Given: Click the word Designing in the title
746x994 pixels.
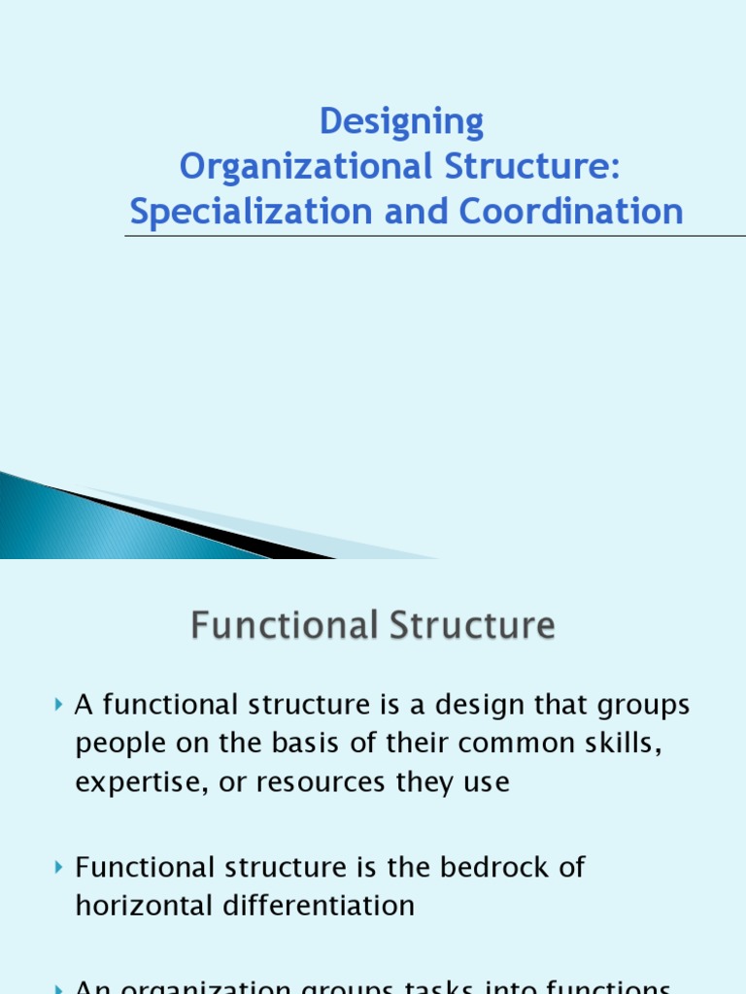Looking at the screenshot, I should tap(401, 122).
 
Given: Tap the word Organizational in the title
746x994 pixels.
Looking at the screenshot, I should tap(305, 167).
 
